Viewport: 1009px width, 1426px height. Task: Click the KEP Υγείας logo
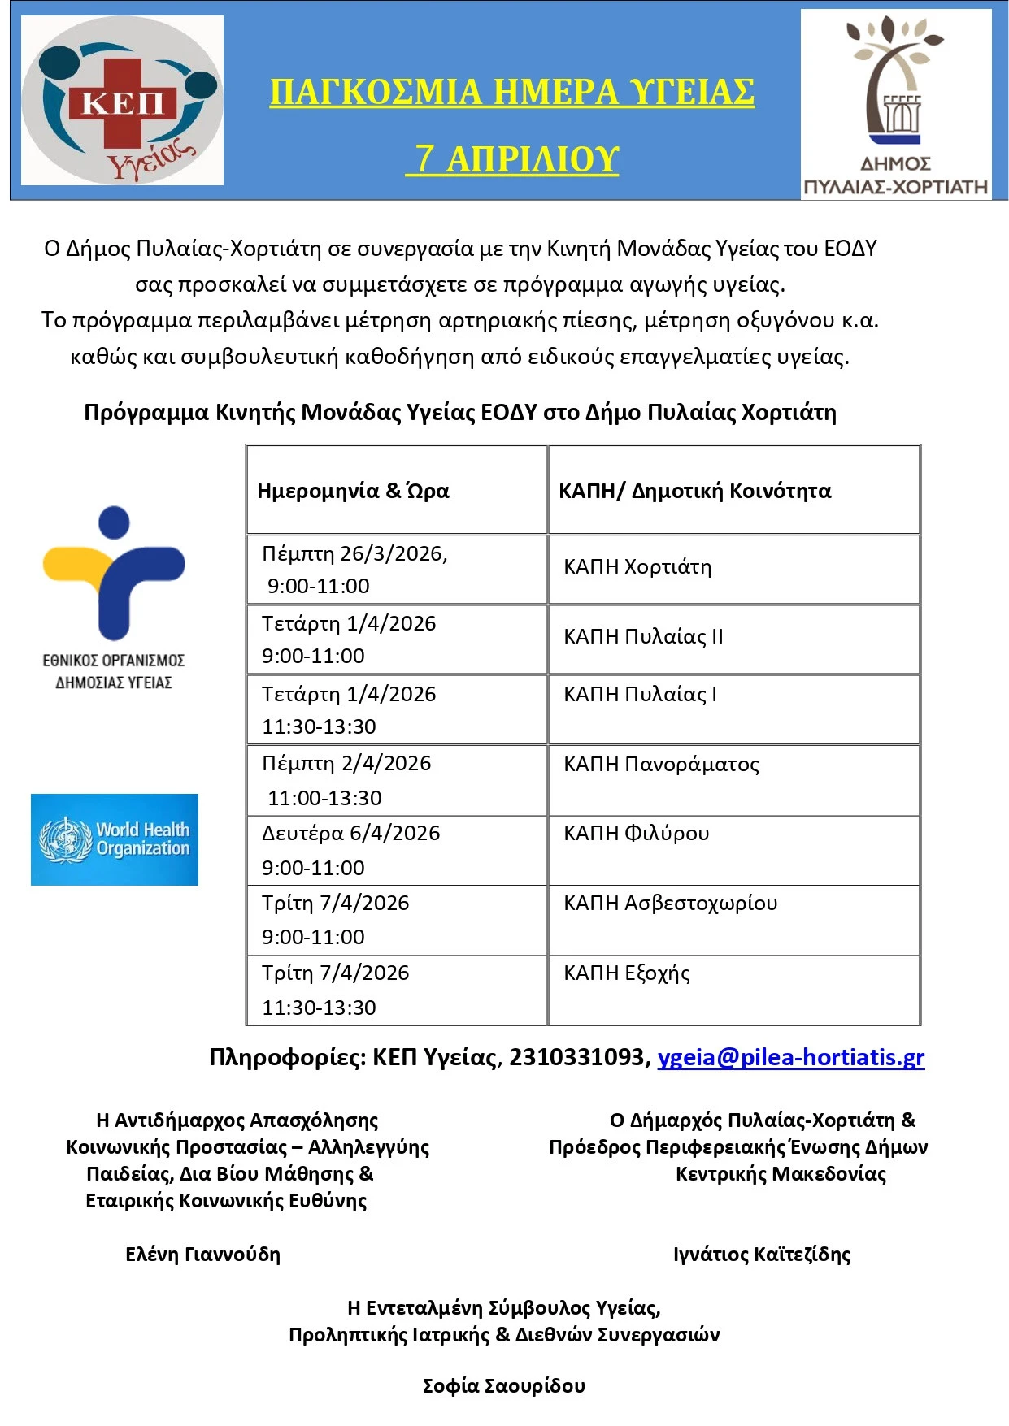click(x=122, y=101)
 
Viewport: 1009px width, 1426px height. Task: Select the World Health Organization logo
click(x=115, y=839)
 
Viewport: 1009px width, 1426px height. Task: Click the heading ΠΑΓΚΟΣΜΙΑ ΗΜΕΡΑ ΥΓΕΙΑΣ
click(x=512, y=92)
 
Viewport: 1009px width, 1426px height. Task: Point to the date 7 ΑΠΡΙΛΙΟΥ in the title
click(x=516, y=158)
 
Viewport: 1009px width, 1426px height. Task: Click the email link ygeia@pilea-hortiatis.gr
click(x=790, y=1057)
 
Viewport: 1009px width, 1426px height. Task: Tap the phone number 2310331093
click(x=576, y=1057)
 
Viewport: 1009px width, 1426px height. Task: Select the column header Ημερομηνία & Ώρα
click(x=353, y=491)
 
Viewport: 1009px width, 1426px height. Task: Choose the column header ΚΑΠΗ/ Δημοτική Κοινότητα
click(x=694, y=491)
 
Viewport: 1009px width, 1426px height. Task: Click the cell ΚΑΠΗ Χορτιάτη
click(x=637, y=566)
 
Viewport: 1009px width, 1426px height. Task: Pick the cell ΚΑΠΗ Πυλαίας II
click(x=643, y=636)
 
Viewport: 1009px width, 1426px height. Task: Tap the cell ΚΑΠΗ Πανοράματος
click(x=661, y=764)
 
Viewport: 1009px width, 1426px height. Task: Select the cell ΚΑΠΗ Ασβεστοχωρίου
click(x=670, y=903)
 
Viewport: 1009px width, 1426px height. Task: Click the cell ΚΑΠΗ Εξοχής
click(x=627, y=973)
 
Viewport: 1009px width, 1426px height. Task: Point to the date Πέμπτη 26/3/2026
click(x=354, y=553)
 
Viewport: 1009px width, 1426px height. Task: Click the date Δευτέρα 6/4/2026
click(x=350, y=833)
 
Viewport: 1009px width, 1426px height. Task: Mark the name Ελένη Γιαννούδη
click(x=202, y=1254)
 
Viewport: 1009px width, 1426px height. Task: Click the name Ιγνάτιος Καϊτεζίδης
click(x=762, y=1254)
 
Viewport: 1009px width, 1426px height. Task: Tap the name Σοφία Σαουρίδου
click(x=504, y=1385)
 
